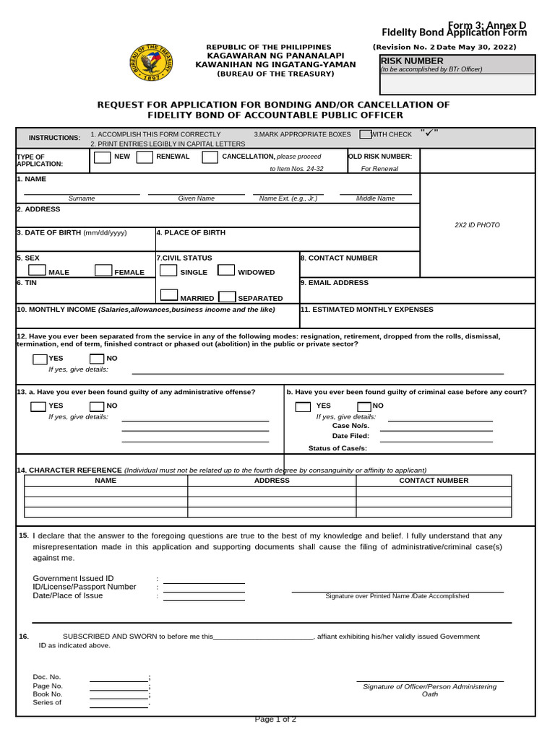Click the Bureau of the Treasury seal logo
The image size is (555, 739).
[x=151, y=62]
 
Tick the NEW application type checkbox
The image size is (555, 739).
[x=103, y=157]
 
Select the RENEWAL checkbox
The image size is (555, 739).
[x=145, y=157]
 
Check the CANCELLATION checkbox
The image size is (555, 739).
[x=210, y=157]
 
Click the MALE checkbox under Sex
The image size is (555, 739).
[x=37, y=271]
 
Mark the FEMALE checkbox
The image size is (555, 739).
[x=103, y=271]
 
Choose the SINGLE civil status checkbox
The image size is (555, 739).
[x=168, y=271]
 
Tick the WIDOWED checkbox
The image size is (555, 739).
[x=226, y=271]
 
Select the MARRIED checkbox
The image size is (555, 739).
[x=169, y=295]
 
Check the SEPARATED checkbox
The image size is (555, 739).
[x=227, y=296]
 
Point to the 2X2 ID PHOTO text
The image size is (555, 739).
[x=477, y=225]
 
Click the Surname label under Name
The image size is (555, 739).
[x=82, y=198]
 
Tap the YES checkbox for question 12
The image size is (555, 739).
[x=40, y=359]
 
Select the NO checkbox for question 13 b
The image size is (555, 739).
[x=364, y=406]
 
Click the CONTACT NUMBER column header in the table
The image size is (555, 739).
[x=434, y=481]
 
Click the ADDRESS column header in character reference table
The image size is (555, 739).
[x=272, y=481]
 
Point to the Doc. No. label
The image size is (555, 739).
[x=47, y=677]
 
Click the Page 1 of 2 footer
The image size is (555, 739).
[x=275, y=719]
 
